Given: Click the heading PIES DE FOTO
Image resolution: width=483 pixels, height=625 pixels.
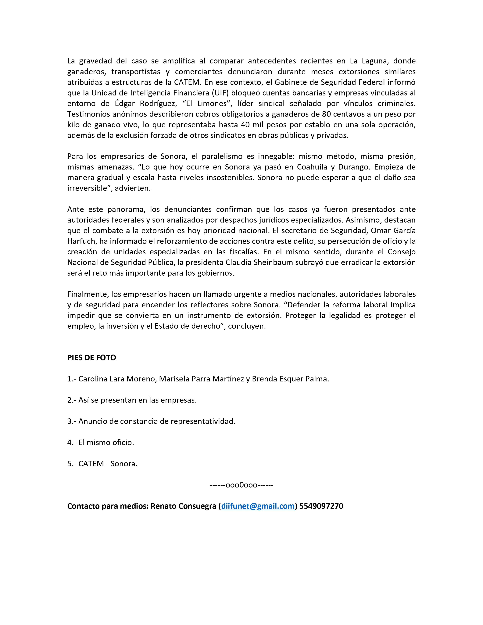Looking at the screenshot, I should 91,358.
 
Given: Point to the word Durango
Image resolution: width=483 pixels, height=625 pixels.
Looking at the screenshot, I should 354,167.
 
